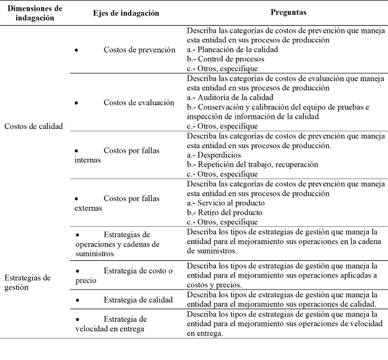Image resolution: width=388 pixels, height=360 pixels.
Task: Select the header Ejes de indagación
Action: tap(126, 13)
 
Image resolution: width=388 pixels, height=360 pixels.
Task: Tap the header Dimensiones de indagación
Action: tap(33, 13)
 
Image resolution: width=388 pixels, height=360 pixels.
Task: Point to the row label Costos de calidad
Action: tap(33, 126)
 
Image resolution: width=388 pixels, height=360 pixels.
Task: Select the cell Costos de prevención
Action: tap(139, 50)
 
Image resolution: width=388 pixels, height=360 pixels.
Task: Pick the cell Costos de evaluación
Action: tap(138, 103)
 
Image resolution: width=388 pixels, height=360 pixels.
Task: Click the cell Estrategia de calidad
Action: tap(138, 299)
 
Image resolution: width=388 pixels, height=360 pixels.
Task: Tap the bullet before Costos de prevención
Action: tap(76, 50)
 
